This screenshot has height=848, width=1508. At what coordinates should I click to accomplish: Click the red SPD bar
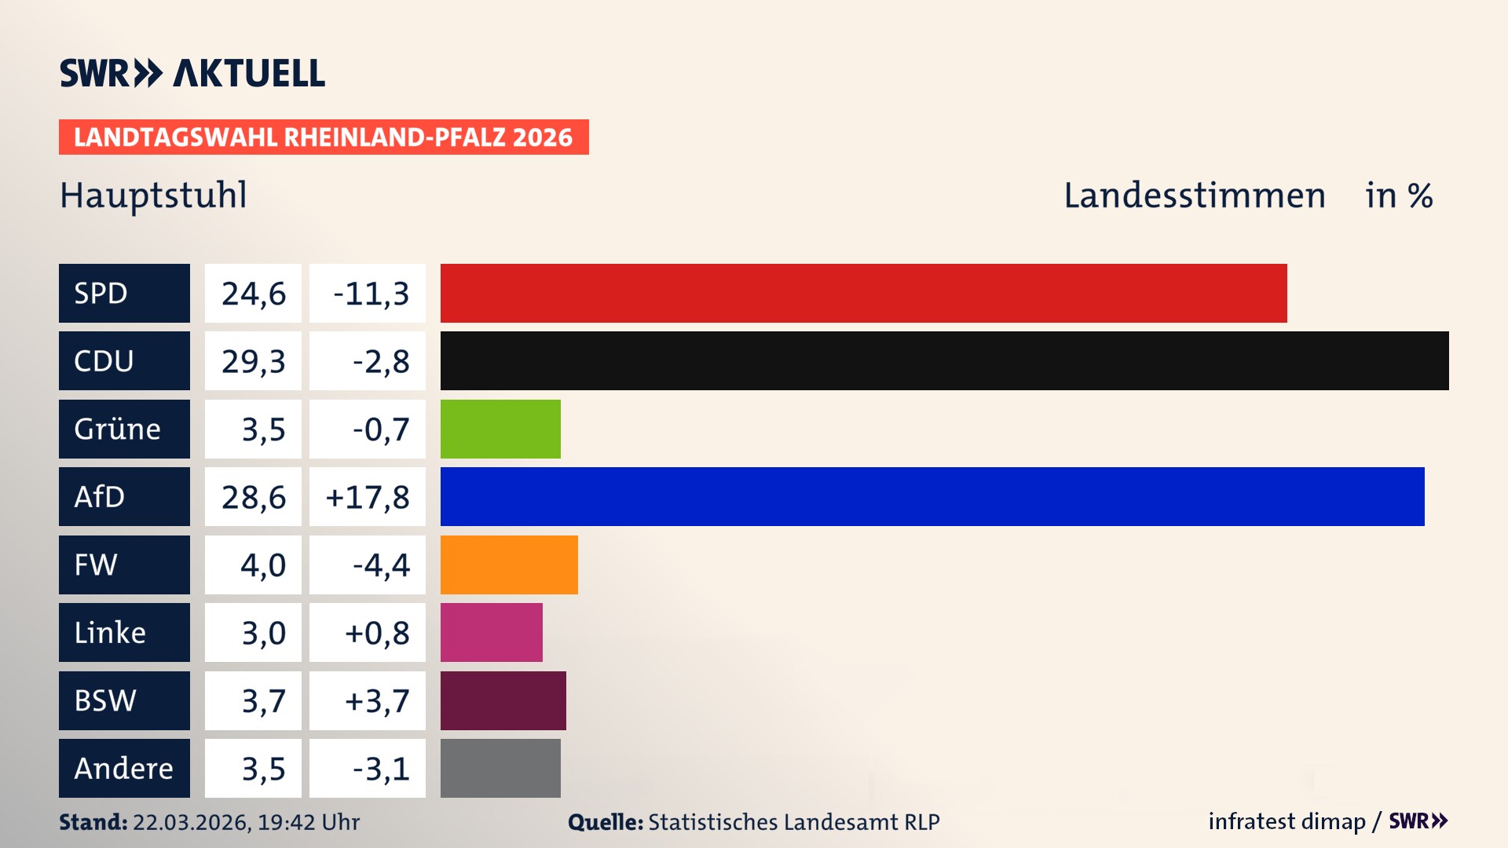pyautogui.click(x=863, y=293)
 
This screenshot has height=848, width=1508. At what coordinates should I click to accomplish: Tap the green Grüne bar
pyautogui.click(x=500, y=429)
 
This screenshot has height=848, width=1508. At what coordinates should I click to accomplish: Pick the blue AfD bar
pyautogui.click(x=932, y=496)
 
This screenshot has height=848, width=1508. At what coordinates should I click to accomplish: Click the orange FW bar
pyautogui.click(x=509, y=565)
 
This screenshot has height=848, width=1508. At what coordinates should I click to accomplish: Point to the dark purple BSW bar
pyautogui.click(x=503, y=700)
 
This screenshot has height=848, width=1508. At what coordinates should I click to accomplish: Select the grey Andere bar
pyautogui.click(x=500, y=768)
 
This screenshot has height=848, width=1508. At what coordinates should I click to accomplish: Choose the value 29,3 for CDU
pyautogui.click(x=253, y=361)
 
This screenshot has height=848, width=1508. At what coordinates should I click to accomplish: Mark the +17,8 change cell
pyautogui.click(x=368, y=497)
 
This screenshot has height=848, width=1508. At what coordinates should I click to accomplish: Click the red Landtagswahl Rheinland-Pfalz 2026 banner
pyautogui.click(x=324, y=137)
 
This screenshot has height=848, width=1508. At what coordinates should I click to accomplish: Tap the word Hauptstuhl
pyautogui.click(x=153, y=196)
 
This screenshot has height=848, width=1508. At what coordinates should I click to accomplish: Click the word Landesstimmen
pyautogui.click(x=1194, y=196)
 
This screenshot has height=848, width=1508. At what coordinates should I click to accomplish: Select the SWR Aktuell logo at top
pyautogui.click(x=192, y=73)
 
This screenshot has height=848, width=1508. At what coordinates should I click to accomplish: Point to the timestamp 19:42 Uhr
pyautogui.click(x=308, y=822)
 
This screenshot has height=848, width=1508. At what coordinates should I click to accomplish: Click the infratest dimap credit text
pyautogui.click(x=1287, y=821)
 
